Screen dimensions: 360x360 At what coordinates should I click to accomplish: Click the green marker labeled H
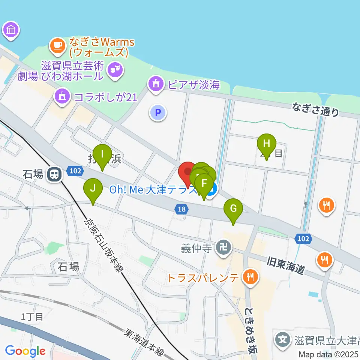point(267,144)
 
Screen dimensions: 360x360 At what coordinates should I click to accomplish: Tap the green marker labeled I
point(102,154)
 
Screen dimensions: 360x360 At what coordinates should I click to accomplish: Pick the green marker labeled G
point(233,208)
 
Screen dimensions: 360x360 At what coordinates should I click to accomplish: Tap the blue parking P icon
point(158,112)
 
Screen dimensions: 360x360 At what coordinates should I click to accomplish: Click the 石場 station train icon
point(55,174)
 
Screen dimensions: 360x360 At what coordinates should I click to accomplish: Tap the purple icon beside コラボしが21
point(63,96)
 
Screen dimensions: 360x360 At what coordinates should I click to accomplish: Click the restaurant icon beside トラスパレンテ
point(249,277)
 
